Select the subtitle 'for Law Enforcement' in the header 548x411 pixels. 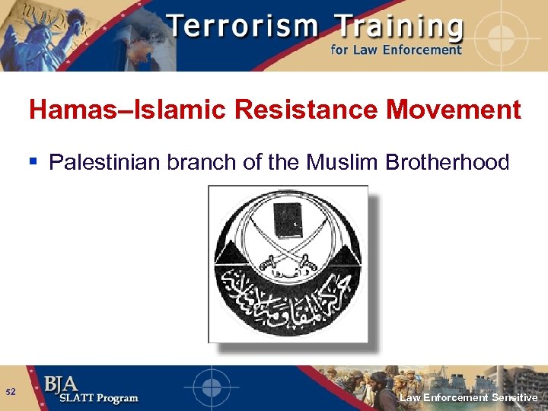[396, 50]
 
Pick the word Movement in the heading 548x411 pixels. [454, 110]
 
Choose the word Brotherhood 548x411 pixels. [443, 161]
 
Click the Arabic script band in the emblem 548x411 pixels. [288, 301]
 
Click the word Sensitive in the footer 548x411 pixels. [515, 397]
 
